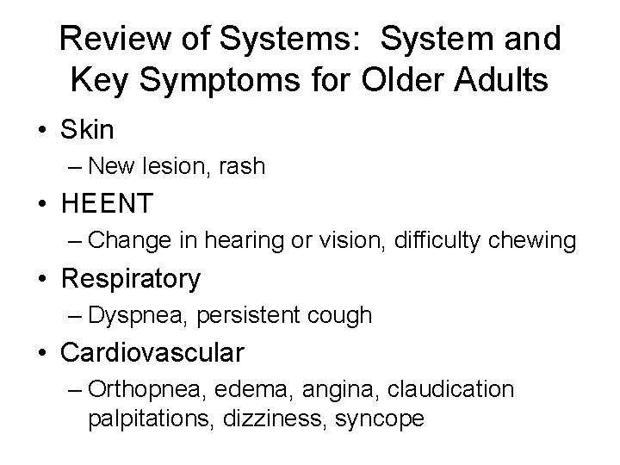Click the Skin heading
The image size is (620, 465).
pos(88,129)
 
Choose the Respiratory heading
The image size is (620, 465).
pos(130,278)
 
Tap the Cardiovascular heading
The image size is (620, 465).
pos(152,353)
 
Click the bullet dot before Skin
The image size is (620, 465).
pos(43,130)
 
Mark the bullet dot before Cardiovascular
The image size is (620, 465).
pos(43,353)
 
